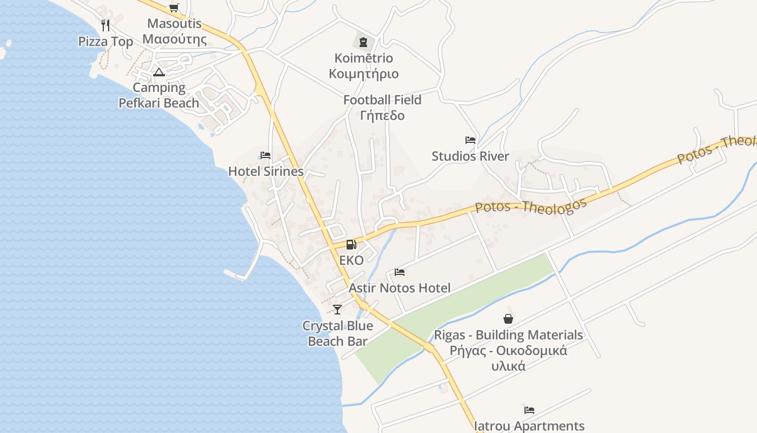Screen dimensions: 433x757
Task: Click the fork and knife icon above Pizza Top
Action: pos(105,25)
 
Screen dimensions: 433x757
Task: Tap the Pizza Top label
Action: pos(105,42)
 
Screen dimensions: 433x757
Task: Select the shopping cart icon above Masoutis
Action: pos(174,8)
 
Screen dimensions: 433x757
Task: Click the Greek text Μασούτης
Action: pos(175,39)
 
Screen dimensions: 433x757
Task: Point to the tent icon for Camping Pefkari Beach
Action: pos(158,72)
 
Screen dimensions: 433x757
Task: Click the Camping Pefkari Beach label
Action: pos(159,95)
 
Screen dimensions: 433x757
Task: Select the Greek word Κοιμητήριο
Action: pos(364,74)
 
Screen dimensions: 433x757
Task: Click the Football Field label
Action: pos(382,100)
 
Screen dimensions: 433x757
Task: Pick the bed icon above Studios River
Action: pos(470,140)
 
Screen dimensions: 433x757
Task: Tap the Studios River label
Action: pos(470,156)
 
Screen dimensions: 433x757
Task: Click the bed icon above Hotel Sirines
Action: pos(265,155)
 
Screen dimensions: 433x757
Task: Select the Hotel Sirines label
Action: pos(265,172)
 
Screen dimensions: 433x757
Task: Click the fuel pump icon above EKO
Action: pos(351,245)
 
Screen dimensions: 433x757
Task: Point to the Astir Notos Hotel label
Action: pos(400,288)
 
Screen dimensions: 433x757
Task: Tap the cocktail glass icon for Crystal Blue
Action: pos(337,309)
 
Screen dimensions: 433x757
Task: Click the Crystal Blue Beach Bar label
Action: pos(337,333)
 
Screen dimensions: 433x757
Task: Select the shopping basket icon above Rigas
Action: pos(508,319)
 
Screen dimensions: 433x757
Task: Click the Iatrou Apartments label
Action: pos(529,426)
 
